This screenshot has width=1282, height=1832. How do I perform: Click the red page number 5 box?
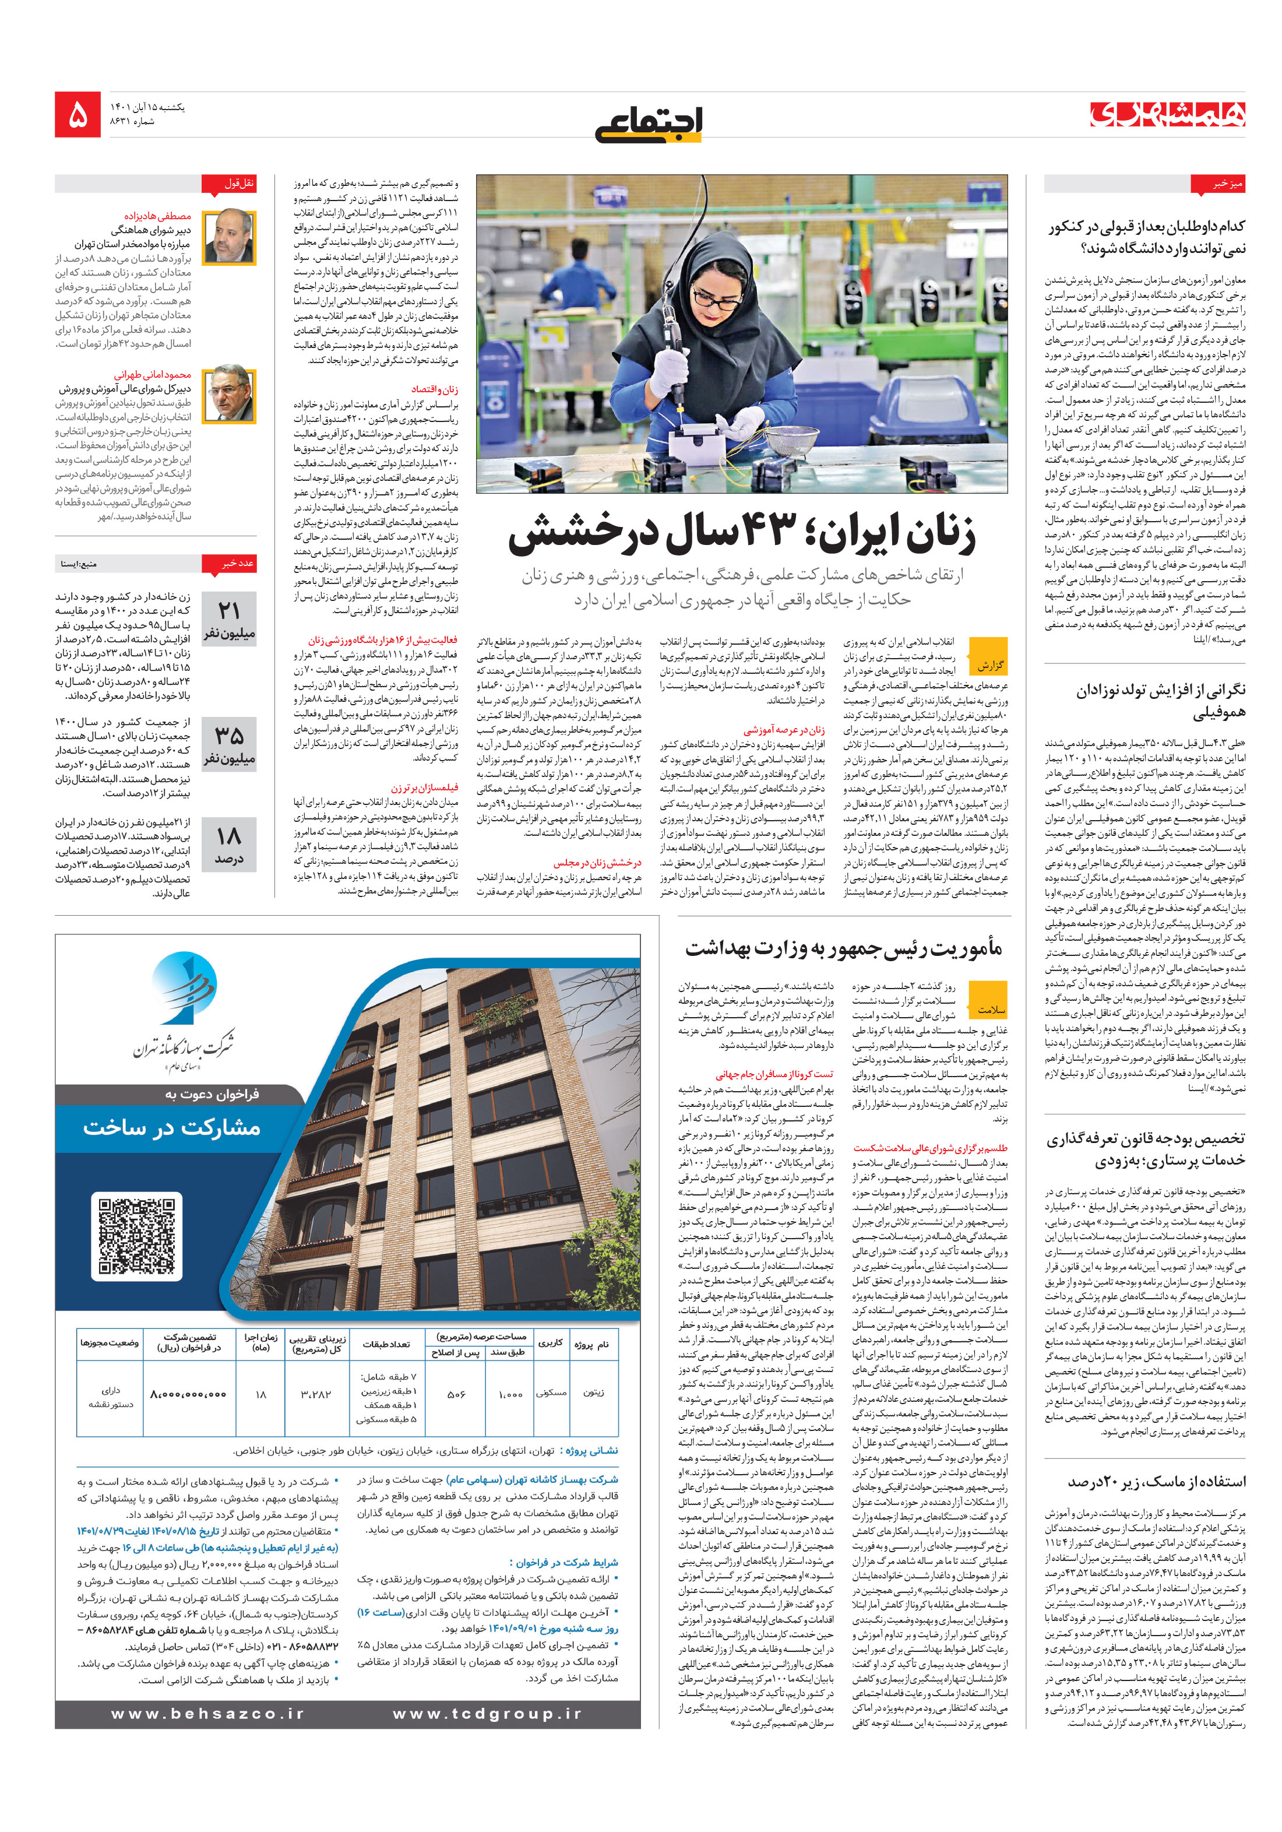coord(78,115)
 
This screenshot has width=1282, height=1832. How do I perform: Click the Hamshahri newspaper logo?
coord(1167,114)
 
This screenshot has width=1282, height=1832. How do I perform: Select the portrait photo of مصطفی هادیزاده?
coord(229,238)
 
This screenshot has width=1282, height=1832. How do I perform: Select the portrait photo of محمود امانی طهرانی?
coord(229,393)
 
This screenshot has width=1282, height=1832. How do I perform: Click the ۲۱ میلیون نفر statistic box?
coord(229,619)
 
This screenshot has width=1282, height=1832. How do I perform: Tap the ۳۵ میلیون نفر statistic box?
coord(229,744)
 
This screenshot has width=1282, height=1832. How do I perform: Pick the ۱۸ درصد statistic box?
coord(229,844)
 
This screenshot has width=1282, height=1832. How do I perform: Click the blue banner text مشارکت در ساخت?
coord(171,1127)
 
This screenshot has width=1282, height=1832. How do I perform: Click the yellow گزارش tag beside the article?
coord(989,664)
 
